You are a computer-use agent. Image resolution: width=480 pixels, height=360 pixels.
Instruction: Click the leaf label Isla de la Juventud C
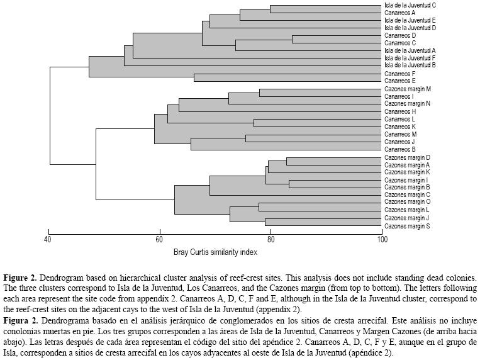coord(410,5)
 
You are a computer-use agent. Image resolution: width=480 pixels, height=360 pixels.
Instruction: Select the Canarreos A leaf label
coord(399,13)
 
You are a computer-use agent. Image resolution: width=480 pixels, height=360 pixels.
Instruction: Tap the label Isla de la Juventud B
coord(410,65)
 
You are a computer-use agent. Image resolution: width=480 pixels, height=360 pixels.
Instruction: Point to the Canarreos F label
coord(399,74)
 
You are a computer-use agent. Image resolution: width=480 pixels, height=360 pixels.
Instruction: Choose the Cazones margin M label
coord(407,89)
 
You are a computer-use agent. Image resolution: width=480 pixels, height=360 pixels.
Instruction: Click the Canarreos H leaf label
coord(399,111)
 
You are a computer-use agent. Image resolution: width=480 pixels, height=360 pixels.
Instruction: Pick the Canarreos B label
coord(399,149)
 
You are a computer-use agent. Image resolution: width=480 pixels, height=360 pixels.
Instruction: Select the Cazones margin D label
coord(407,157)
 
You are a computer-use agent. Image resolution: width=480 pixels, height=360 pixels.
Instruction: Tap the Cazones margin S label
coord(407,225)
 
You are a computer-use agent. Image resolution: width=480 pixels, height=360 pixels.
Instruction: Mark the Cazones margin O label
coord(407,202)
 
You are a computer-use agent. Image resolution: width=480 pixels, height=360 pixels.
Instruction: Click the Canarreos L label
coord(399,119)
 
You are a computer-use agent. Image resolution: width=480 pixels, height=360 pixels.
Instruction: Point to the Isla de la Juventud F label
coord(410,58)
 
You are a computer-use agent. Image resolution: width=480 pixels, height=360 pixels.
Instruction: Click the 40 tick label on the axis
coord(48,239)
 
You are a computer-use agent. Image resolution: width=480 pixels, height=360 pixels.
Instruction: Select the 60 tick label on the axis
coord(159,239)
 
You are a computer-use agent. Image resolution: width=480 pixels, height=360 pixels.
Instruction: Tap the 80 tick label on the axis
coord(271,239)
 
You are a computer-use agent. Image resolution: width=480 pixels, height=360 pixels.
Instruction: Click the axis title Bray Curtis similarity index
coord(215,252)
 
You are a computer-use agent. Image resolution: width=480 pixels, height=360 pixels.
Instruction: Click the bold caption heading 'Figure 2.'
coord(20,277)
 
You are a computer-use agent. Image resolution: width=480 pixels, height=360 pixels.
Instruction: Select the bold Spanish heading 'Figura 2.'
coord(20,320)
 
